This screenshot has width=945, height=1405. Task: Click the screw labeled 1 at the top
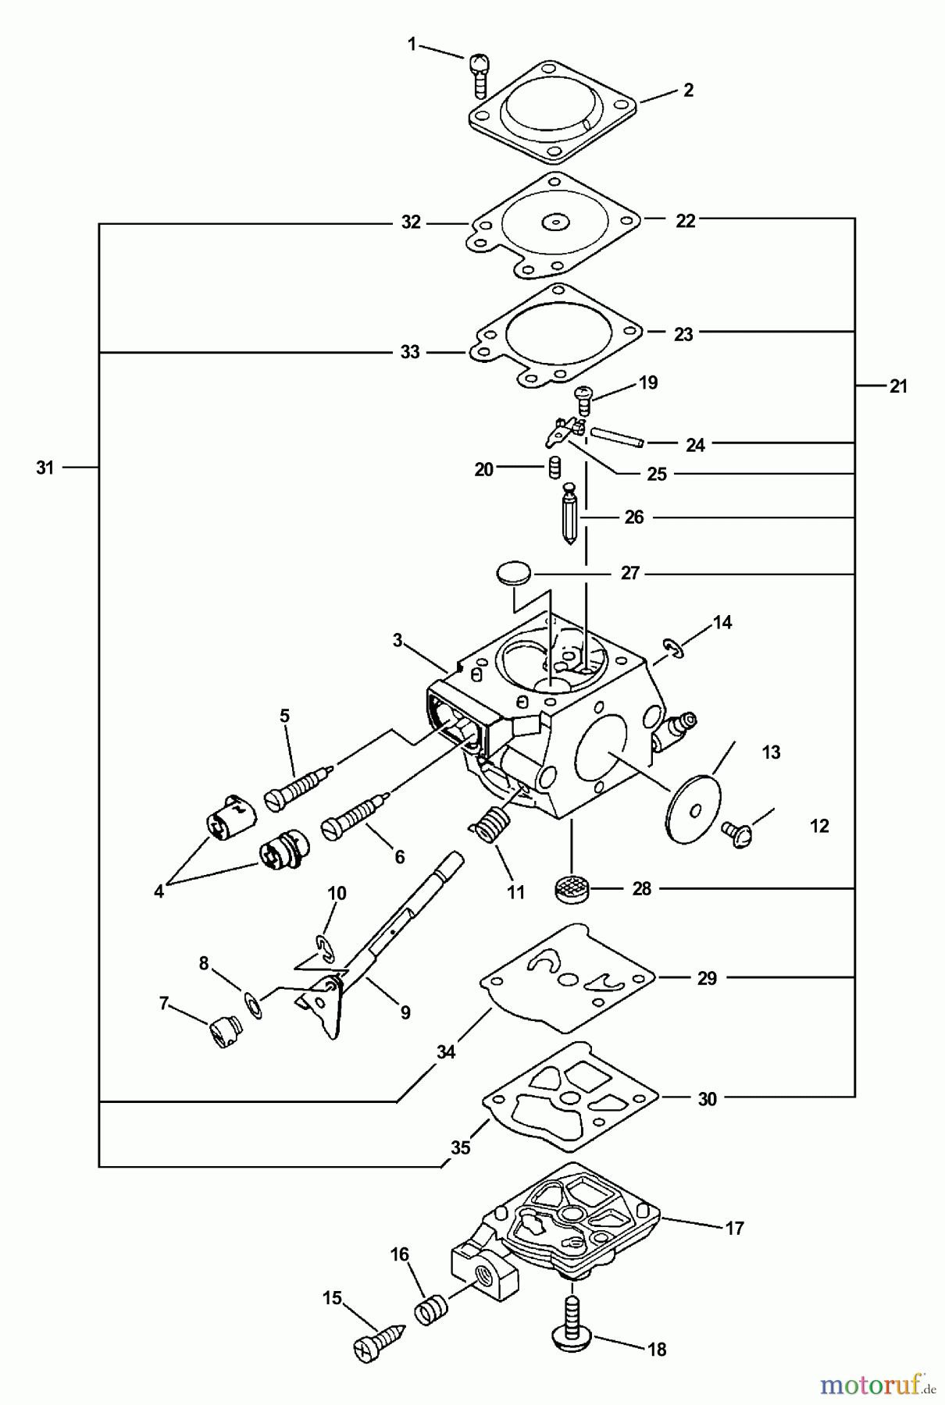coord(480,74)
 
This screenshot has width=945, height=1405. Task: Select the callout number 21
coord(898,386)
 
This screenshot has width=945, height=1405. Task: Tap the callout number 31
coord(45,468)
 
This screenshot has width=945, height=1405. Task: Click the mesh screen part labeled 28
coord(572,888)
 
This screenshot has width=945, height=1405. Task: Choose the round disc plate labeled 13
coord(693,809)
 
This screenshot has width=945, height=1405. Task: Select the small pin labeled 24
coord(616,436)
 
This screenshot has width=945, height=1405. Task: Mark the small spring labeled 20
coord(553,468)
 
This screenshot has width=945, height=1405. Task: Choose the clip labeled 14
coord(674,647)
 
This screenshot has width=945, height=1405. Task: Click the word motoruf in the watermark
coord(867,1384)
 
